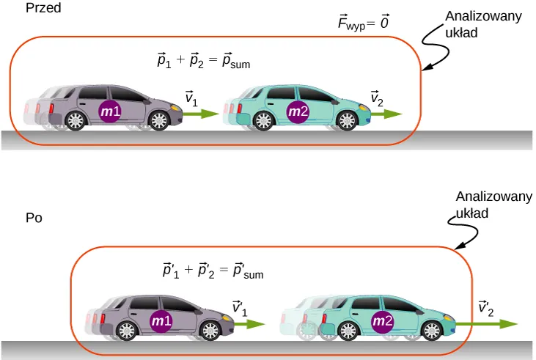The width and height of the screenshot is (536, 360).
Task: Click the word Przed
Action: pyautogui.click(x=43, y=10)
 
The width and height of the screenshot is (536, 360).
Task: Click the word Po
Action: pyautogui.click(x=34, y=218)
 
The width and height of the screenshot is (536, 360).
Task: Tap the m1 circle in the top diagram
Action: pyautogui.click(x=110, y=111)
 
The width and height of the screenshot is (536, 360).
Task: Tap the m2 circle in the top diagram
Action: pyautogui.click(x=298, y=111)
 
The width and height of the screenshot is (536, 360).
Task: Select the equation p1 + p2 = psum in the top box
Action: pyautogui.click(x=199, y=63)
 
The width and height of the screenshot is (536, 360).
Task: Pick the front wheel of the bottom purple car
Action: pyautogui.click(x=210, y=330)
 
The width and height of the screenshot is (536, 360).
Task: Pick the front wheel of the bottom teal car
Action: pyautogui.click(x=430, y=329)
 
